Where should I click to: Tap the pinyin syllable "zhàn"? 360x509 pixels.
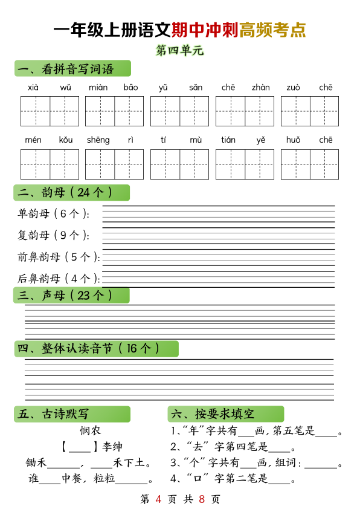pos(261,88)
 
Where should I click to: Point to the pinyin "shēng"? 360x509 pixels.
pos(98,140)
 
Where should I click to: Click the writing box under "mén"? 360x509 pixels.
pos(35,164)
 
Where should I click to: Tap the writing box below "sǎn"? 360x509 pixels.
pos(194,111)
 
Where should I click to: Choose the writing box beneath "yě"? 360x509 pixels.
pos(260,164)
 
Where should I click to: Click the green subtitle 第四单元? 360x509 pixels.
pos(180,50)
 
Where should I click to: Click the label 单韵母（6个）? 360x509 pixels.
pos(53,213)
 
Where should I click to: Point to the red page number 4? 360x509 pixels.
pos(158,499)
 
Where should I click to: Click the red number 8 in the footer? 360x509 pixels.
pos(202,499)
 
